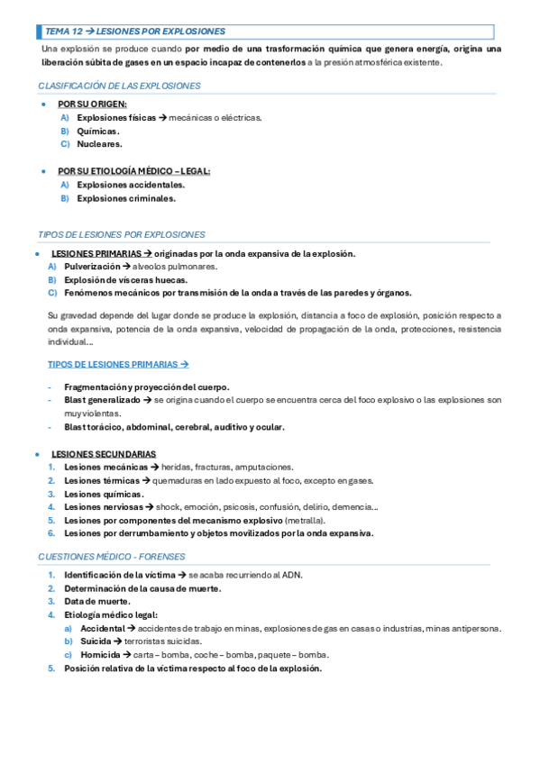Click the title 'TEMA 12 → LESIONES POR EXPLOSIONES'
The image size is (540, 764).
coord(135,31)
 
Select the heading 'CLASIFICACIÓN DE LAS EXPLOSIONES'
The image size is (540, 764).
coord(119,86)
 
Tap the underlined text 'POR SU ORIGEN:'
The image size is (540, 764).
coord(92,105)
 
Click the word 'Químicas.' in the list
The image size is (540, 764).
coord(98,131)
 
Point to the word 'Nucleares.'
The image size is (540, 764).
coord(99,143)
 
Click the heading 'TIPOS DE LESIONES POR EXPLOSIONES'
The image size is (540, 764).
coord(122,234)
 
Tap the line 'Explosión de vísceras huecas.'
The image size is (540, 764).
coord(125,280)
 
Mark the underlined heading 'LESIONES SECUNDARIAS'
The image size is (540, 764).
coord(104,454)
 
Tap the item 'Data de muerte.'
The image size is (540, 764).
coord(97,601)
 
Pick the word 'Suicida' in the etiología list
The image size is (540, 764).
coord(96,641)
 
